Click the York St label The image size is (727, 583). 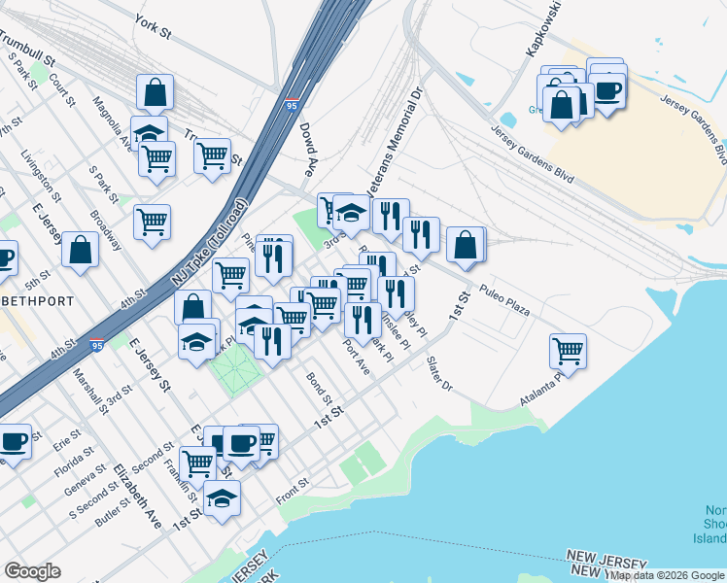(153, 26)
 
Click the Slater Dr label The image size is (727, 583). (439, 373)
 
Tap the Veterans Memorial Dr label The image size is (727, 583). (392, 142)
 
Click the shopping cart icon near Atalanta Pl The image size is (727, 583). (568, 350)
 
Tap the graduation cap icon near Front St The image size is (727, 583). (224, 498)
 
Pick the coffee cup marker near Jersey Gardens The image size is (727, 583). (608, 90)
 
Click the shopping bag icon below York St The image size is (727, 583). (156, 92)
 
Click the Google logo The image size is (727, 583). (32, 570)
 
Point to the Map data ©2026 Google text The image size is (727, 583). (667, 575)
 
